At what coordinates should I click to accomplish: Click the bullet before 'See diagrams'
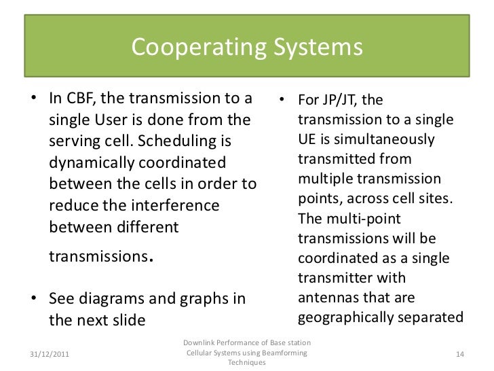(34, 299)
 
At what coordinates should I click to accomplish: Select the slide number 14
(461, 354)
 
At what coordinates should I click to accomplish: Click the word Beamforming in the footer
(280, 354)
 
